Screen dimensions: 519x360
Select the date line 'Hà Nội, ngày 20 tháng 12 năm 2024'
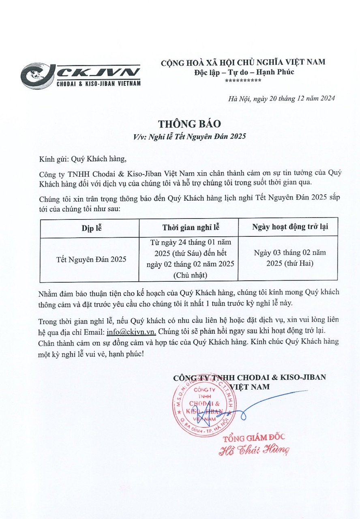click(x=282, y=99)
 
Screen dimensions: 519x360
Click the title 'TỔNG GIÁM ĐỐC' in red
click(x=254, y=438)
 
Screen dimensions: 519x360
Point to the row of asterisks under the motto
click(x=242, y=81)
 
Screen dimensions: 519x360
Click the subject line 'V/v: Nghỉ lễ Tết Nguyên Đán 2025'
click(x=189, y=137)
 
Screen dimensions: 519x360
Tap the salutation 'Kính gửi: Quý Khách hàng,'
click(x=86, y=159)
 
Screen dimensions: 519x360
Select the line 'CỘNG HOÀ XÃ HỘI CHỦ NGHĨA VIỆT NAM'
click(x=243, y=62)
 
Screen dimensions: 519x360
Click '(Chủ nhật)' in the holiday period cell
click(x=189, y=275)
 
